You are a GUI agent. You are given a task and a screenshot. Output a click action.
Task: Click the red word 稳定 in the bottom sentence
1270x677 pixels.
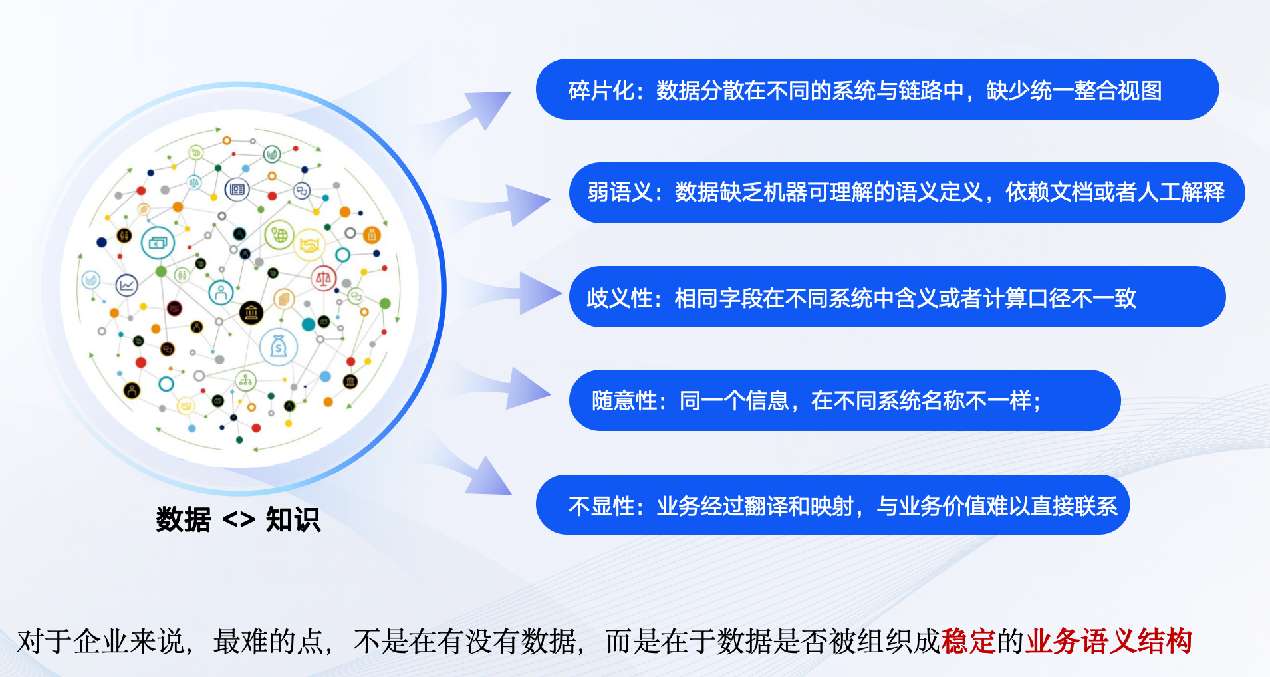[x=968, y=642]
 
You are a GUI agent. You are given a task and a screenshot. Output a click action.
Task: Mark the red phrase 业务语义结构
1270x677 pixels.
[x=1108, y=642]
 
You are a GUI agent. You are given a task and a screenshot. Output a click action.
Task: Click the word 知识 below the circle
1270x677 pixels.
[x=293, y=519]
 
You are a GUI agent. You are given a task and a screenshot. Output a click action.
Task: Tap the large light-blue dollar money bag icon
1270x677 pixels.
[x=279, y=346]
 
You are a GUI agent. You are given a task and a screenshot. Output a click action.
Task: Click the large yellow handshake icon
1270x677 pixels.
[x=309, y=245]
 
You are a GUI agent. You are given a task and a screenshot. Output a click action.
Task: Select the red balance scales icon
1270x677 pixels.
[x=324, y=278]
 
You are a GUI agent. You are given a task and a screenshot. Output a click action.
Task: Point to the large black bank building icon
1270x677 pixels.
[x=251, y=313]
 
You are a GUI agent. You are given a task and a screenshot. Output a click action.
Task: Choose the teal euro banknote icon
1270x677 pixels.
[x=158, y=243]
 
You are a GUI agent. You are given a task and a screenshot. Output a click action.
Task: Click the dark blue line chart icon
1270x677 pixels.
[x=126, y=285]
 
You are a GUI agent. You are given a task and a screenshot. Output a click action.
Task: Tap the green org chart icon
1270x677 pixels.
[x=245, y=381]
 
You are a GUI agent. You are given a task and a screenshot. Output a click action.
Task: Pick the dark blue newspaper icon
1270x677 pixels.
[x=237, y=190]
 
